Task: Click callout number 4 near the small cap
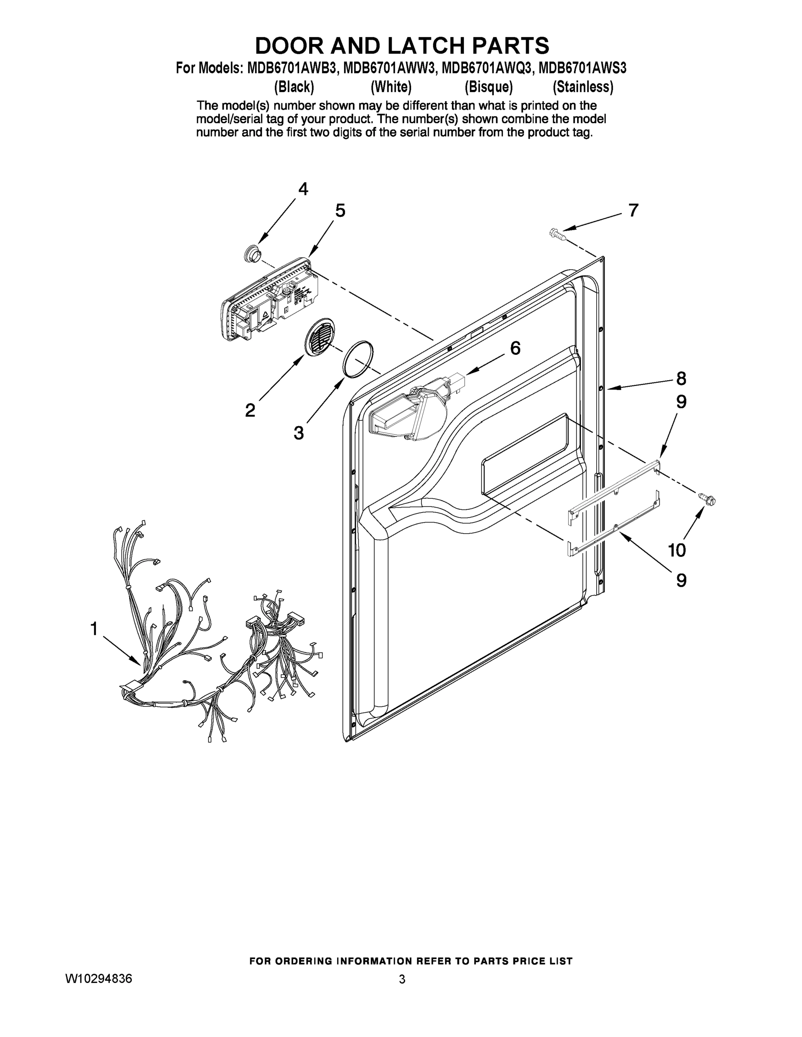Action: (x=303, y=189)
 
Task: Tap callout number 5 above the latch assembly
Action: (x=340, y=210)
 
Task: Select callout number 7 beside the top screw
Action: (x=633, y=210)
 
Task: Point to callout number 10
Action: (x=677, y=550)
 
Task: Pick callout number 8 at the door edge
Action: (x=681, y=379)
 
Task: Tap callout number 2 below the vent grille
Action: (x=250, y=410)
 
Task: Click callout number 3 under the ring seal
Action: (x=298, y=433)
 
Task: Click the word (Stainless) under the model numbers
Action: (x=583, y=87)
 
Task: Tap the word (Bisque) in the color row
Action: (x=489, y=87)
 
